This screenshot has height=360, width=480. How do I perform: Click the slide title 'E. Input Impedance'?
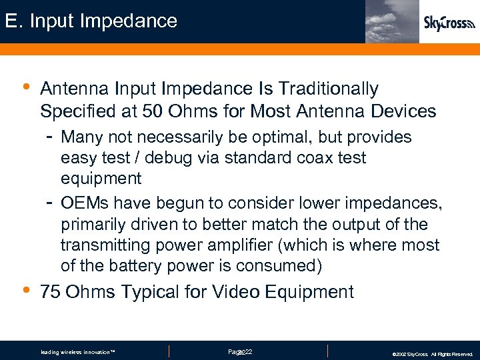click(x=91, y=21)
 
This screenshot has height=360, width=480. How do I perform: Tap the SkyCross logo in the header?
click(x=449, y=23)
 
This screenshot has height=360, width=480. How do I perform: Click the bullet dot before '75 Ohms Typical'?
click(x=25, y=289)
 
